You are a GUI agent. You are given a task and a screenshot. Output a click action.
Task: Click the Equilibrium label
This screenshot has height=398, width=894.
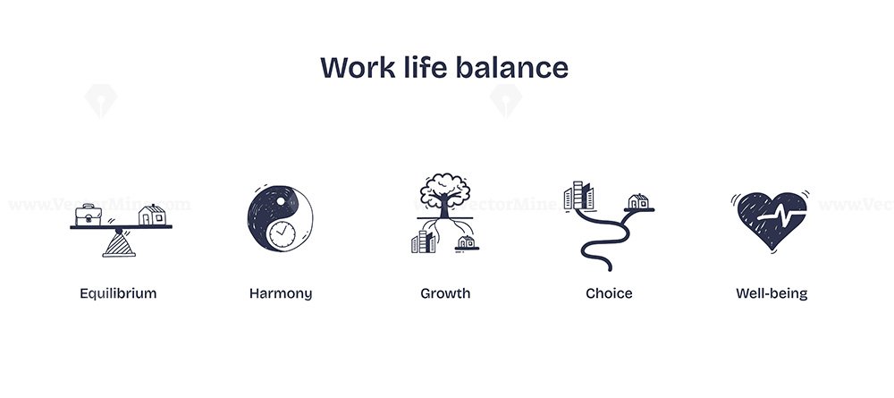tap(118, 293)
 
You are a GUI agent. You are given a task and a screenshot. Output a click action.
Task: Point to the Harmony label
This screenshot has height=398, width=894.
tap(281, 293)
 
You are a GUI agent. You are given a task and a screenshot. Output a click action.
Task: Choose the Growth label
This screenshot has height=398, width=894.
tap(445, 293)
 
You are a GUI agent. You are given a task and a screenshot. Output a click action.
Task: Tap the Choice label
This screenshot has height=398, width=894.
tap(609, 293)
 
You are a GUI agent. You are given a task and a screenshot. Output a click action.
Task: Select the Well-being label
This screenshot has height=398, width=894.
tap(772, 293)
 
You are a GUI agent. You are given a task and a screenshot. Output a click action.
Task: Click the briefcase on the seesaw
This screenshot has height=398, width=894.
tap(89, 215)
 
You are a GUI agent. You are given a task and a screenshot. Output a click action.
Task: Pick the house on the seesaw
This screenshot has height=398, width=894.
tap(152, 215)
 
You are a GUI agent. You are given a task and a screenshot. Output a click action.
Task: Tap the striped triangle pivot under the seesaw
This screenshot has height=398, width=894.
tap(119, 244)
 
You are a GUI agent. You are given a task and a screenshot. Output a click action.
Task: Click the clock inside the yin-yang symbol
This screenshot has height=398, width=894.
tap(283, 235)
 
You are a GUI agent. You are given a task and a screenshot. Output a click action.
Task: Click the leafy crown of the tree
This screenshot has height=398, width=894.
tap(444, 187)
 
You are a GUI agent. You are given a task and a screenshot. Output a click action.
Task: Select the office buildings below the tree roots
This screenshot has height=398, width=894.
tap(423, 241)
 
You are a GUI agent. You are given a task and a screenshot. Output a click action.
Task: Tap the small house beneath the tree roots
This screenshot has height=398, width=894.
tap(467, 243)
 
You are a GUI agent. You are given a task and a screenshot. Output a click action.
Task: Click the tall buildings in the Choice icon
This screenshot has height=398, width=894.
tap(578, 196)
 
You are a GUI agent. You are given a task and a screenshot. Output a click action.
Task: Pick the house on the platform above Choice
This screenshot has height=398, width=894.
tap(638, 201)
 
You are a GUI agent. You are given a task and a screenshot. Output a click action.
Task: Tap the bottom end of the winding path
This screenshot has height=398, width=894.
tap(608, 268)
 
